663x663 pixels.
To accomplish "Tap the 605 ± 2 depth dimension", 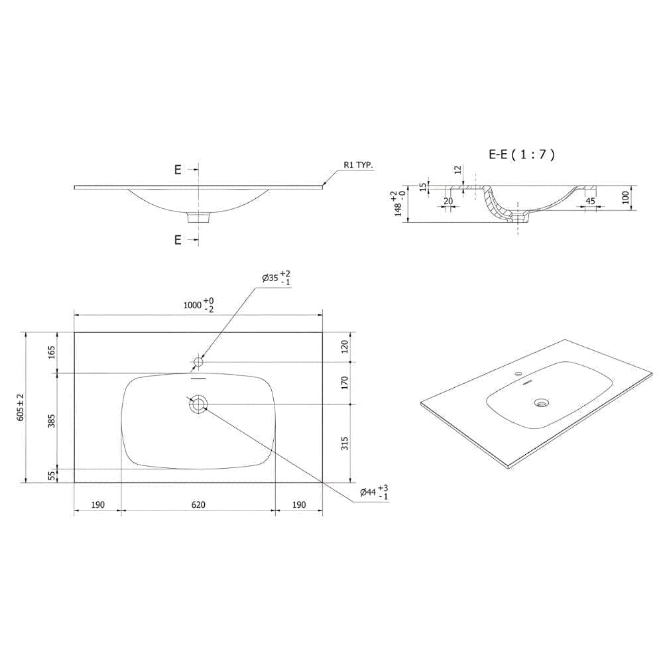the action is point(21,407).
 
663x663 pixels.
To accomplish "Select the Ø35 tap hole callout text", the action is point(276,278).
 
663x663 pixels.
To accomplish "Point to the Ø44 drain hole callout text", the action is point(374,492).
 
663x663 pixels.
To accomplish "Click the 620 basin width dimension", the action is point(198,505).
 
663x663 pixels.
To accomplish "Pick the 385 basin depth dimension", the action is point(51,421).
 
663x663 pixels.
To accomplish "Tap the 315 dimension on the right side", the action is point(345,443).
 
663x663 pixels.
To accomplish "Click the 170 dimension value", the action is point(345,383).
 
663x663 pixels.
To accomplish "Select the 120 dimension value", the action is point(345,347).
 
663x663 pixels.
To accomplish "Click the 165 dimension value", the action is point(51,352).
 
